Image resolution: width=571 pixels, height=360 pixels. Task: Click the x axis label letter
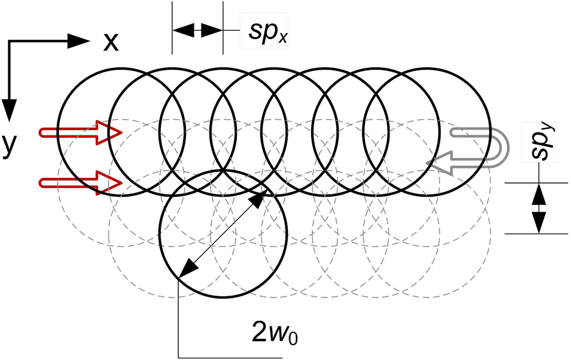tap(110, 42)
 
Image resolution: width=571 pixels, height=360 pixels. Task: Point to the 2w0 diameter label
tap(274, 330)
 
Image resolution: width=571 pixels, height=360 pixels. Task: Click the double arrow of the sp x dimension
tap(196, 30)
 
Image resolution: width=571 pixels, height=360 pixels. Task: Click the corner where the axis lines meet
tap(10, 41)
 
